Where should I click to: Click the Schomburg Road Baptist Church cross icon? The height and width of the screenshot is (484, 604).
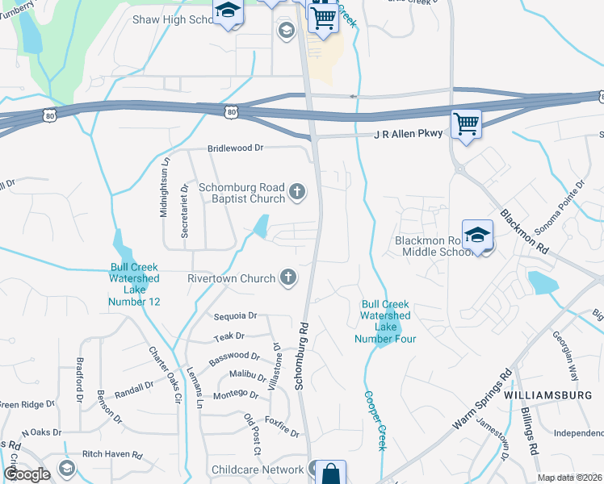pos(297,191)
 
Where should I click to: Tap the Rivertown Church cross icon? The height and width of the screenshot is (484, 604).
pos(287,278)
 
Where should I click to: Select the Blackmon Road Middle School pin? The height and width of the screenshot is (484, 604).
pos(477,235)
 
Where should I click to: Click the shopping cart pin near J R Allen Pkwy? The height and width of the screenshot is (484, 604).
pos(466,124)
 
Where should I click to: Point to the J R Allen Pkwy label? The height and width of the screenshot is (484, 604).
pos(408,133)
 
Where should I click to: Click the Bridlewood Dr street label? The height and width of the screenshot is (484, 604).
pos(236,148)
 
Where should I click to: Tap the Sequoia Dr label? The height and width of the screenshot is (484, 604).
pos(235,316)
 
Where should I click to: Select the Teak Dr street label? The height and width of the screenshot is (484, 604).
pos(229,336)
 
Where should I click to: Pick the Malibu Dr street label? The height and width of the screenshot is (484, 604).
pos(247,375)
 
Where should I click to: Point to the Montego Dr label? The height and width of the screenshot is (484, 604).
pos(235,395)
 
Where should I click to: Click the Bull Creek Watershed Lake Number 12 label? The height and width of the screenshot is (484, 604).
pos(134,285)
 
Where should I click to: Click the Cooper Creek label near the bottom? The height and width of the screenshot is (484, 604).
pos(376,420)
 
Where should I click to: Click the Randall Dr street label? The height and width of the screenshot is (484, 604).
pos(134,389)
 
